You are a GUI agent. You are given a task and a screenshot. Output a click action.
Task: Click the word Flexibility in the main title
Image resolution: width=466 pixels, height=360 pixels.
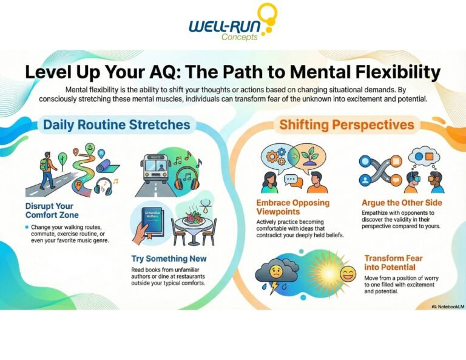[382, 72]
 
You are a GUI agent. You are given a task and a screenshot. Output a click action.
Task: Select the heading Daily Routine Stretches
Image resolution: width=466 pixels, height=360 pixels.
[116, 125]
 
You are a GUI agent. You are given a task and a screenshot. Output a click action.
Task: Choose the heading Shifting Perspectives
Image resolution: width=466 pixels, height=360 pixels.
[346, 126]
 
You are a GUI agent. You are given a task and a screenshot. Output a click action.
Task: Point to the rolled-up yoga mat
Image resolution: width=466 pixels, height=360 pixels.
[109, 167]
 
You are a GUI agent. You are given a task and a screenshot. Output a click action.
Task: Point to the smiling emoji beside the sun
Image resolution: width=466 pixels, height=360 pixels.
[347, 275]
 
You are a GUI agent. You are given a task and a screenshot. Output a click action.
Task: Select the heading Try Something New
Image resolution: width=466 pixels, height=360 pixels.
[169, 259]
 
